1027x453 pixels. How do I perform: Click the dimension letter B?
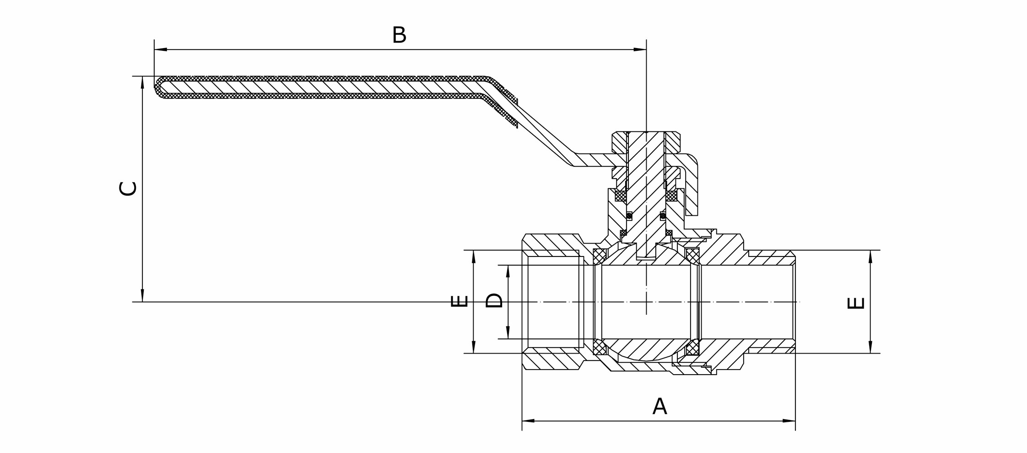pos(399,35)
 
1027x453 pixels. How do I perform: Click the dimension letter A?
pos(659,406)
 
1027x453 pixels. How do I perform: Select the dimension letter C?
pos(128,189)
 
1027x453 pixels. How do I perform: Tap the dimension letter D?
pos(494,300)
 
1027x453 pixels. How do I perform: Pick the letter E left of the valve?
pos(459,301)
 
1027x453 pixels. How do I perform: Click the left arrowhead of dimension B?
pos(160,49)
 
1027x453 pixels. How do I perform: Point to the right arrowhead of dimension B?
pos(640,49)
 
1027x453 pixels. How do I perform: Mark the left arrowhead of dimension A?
pos(528,420)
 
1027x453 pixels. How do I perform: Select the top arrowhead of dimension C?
pos(142,82)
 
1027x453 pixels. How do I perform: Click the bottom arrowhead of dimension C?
pos(142,296)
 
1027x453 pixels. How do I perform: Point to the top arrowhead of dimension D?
pos(508,271)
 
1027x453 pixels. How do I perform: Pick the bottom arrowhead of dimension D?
pos(508,333)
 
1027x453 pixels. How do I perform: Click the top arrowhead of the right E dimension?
pos(870,256)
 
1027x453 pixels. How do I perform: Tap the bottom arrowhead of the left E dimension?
pos(474,347)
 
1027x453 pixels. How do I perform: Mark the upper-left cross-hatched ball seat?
pos(600,257)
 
